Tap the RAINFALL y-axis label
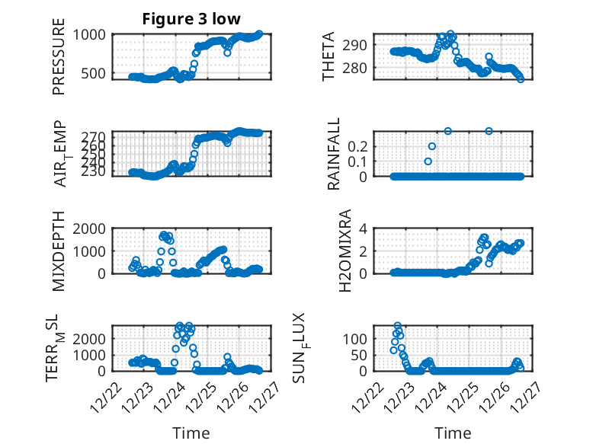334,154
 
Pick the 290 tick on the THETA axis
359,45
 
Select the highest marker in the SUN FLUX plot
398,326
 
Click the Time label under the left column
191,433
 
